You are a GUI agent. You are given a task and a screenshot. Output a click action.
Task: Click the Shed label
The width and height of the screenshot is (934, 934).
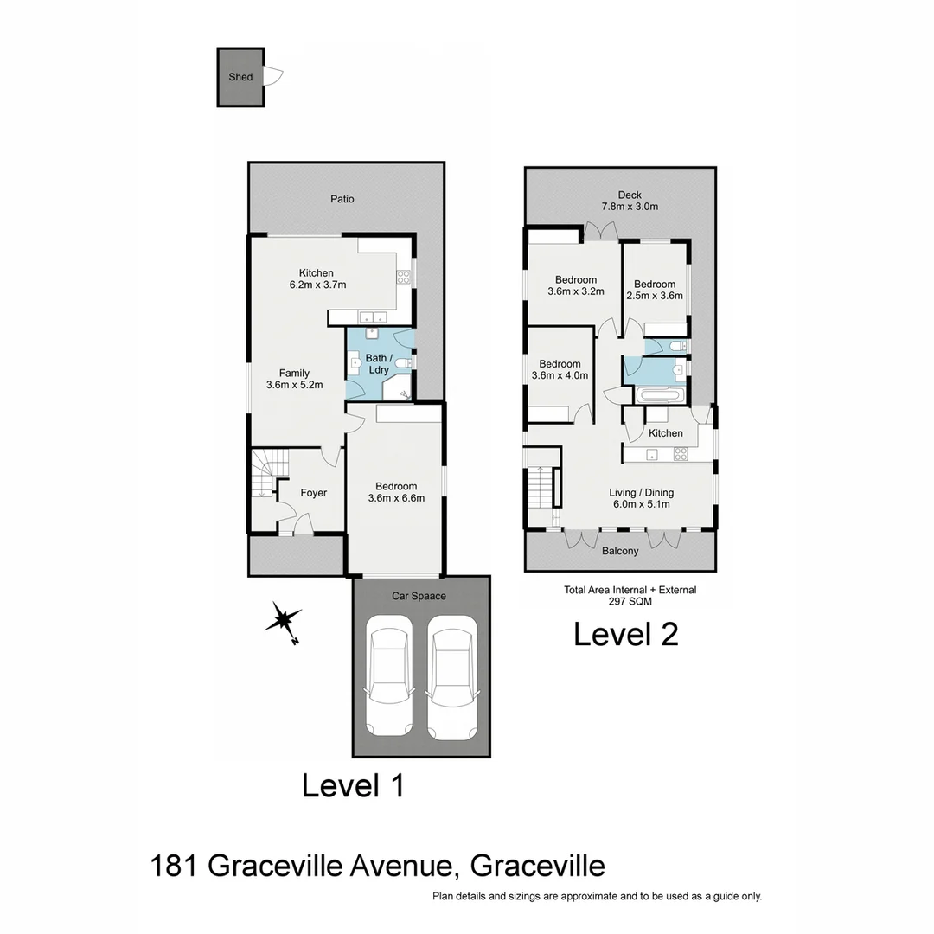tap(240, 77)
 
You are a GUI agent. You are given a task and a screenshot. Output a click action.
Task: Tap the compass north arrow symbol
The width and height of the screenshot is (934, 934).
tap(284, 621)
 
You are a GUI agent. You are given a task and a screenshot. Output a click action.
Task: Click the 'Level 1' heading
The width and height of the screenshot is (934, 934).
tap(353, 786)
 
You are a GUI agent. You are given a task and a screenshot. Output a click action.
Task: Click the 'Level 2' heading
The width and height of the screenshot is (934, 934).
tap(626, 634)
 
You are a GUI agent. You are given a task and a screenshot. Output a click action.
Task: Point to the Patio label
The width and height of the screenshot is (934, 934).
tap(342, 199)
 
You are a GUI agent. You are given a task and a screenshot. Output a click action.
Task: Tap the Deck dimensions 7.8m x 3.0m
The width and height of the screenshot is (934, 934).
tap(630, 207)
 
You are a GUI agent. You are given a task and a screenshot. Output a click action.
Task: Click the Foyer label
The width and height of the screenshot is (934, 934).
tap(313, 493)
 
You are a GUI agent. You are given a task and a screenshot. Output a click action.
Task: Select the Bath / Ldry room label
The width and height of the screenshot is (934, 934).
tap(379, 364)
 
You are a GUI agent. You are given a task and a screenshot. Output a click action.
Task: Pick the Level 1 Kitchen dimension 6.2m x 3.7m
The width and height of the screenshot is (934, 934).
tap(317, 285)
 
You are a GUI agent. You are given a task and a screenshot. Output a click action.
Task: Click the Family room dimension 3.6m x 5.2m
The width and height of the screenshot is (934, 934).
tap(294, 385)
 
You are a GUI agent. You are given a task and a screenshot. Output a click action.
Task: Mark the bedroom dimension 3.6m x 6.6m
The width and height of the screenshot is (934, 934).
tap(396, 497)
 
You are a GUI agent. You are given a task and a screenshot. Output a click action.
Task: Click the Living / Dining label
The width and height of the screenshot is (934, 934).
tap(641, 493)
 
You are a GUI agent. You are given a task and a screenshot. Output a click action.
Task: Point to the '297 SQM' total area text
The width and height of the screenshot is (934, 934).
tap(630, 601)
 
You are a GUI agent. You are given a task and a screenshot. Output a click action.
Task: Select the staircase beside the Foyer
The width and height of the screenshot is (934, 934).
tap(263, 489)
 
